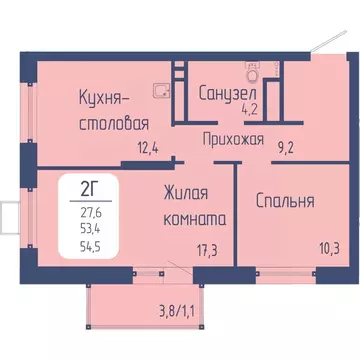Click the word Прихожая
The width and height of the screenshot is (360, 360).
pos(233,140)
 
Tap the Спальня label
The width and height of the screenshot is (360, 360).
pos(283,200)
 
